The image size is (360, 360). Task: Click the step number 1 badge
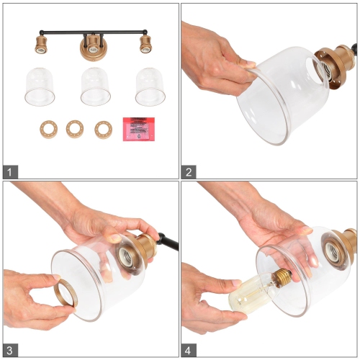tap(10, 172)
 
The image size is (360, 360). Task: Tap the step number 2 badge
tap(189, 172)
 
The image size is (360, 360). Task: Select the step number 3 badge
tap(10, 350)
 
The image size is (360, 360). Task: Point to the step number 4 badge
tap(189, 350)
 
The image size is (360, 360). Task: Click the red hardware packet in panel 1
tap(139, 129)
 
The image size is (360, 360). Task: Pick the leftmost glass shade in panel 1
tap(40, 86)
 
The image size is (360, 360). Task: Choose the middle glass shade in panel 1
tap(96, 86)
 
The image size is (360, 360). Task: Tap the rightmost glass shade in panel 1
tap(150, 86)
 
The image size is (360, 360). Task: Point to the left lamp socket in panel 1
tap(41, 45)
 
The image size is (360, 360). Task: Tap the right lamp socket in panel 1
tap(146, 45)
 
